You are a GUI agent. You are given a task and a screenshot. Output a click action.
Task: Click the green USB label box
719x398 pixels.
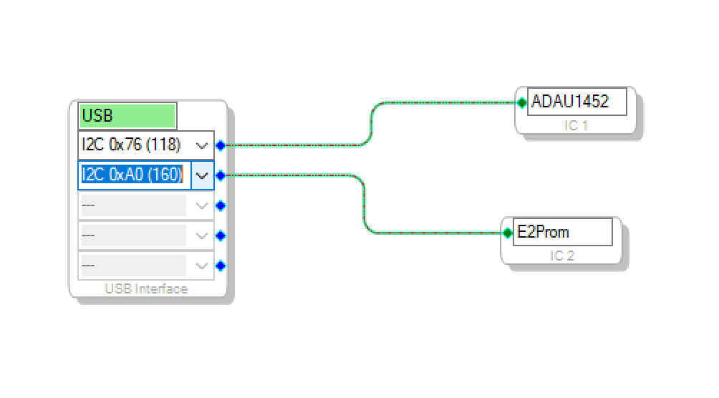click(127, 115)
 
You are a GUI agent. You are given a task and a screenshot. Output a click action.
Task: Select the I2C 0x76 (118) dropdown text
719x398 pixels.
click(131, 145)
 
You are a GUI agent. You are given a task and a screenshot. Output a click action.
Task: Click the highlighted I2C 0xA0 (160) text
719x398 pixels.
click(132, 175)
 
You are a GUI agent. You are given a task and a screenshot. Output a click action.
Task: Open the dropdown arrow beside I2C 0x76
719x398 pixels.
click(202, 146)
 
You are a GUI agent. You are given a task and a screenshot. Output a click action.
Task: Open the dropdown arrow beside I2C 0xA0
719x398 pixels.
click(202, 175)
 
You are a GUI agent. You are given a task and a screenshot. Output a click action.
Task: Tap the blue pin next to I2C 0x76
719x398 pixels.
click(221, 146)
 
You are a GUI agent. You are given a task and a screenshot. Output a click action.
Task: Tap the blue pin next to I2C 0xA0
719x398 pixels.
click(221, 175)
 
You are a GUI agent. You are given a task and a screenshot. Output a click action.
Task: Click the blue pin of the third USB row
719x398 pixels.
click(221, 206)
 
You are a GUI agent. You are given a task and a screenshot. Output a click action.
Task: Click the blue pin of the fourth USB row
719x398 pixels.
click(221, 236)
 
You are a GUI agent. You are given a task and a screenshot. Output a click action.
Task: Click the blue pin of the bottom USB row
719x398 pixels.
click(221, 266)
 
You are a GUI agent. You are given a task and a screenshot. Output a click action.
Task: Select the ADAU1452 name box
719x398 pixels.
click(577, 102)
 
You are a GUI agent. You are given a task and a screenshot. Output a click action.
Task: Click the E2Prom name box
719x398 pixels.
click(563, 232)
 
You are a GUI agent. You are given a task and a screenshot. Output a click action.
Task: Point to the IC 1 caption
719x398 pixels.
click(576, 125)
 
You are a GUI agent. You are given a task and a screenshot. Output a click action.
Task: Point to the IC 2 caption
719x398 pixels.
click(562, 256)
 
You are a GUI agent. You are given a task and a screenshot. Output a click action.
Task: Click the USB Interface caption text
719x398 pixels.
click(146, 289)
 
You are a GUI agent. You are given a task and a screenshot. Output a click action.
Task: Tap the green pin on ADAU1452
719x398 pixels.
click(522, 102)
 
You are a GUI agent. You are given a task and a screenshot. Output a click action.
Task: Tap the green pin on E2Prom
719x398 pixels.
click(508, 233)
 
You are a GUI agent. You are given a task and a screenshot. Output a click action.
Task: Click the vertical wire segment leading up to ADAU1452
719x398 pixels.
click(371, 124)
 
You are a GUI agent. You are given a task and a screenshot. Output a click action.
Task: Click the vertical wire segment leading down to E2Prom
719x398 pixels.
click(364, 204)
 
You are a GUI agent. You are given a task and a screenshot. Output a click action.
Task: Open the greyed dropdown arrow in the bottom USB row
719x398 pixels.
click(202, 266)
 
